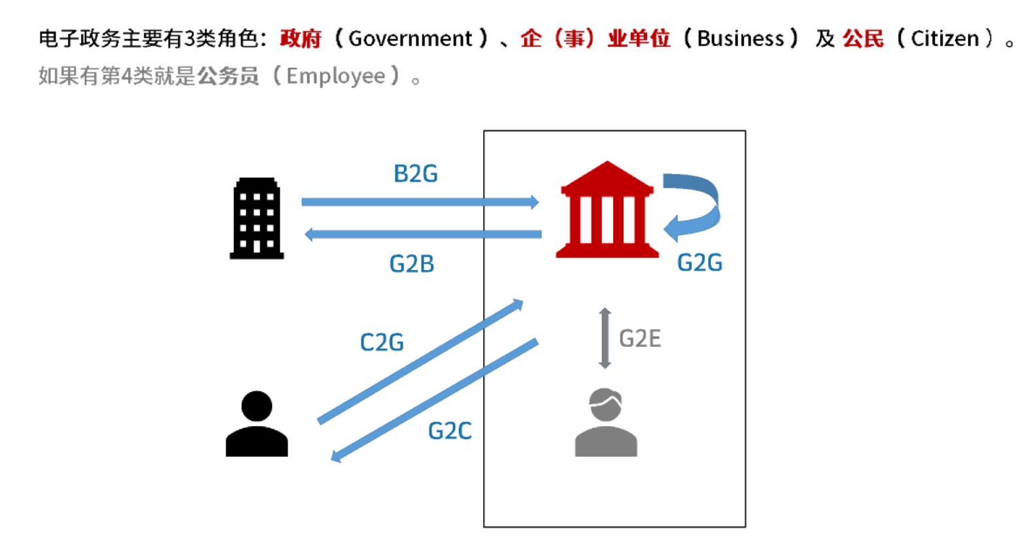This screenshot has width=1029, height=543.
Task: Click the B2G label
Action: tap(415, 174)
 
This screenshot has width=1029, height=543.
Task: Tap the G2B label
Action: tap(411, 264)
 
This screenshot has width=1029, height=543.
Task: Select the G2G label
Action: tap(700, 263)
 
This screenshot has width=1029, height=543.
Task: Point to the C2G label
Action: tap(382, 342)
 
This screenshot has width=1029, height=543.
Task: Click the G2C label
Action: tap(450, 431)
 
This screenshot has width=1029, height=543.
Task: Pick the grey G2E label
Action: tap(640, 338)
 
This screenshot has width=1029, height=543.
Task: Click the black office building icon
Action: tap(256, 218)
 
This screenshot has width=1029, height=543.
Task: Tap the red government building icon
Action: tap(607, 210)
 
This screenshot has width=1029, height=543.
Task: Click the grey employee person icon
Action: tap(606, 423)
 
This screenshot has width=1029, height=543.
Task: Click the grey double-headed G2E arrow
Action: tap(605, 338)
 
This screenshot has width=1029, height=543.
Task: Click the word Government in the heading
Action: tap(410, 39)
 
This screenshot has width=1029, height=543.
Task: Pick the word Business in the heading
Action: tap(740, 39)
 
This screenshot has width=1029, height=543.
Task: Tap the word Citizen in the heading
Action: tap(945, 39)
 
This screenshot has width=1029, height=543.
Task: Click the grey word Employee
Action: tap(335, 76)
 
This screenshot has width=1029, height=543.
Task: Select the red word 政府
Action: tap(301, 39)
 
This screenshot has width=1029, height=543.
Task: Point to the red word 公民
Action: tap(863, 39)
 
